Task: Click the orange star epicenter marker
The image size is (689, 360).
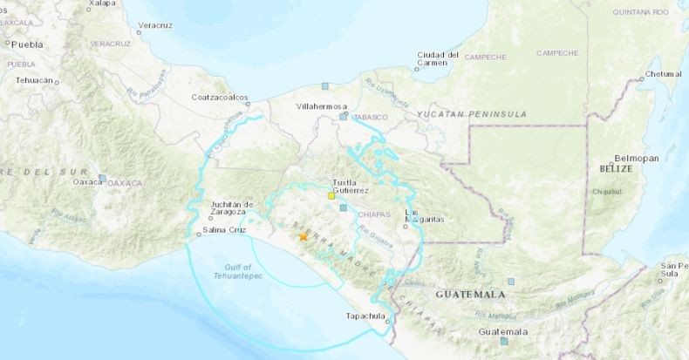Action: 303,236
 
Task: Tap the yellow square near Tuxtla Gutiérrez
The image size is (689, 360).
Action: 331,197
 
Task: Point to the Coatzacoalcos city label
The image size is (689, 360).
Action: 221,97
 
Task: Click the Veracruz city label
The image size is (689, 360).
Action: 153,25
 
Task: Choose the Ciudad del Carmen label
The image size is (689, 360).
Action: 438,58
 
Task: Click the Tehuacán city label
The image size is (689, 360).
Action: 35,79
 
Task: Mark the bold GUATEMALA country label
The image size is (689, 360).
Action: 470,295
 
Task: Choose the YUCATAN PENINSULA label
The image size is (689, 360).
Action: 471,114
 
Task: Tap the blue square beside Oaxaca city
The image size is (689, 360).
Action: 102,178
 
